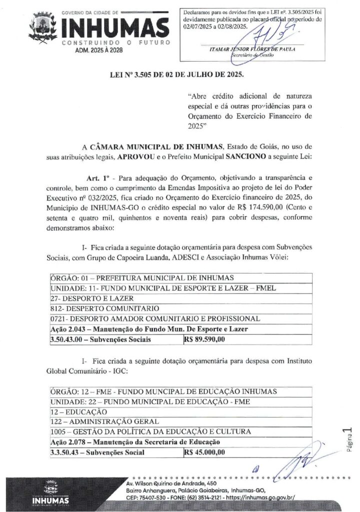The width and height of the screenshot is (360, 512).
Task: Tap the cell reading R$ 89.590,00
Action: [x=205, y=339]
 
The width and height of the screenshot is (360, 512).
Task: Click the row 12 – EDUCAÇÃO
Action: [x=79, y=411]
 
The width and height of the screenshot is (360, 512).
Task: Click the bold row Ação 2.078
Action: [x=136, y=442]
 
